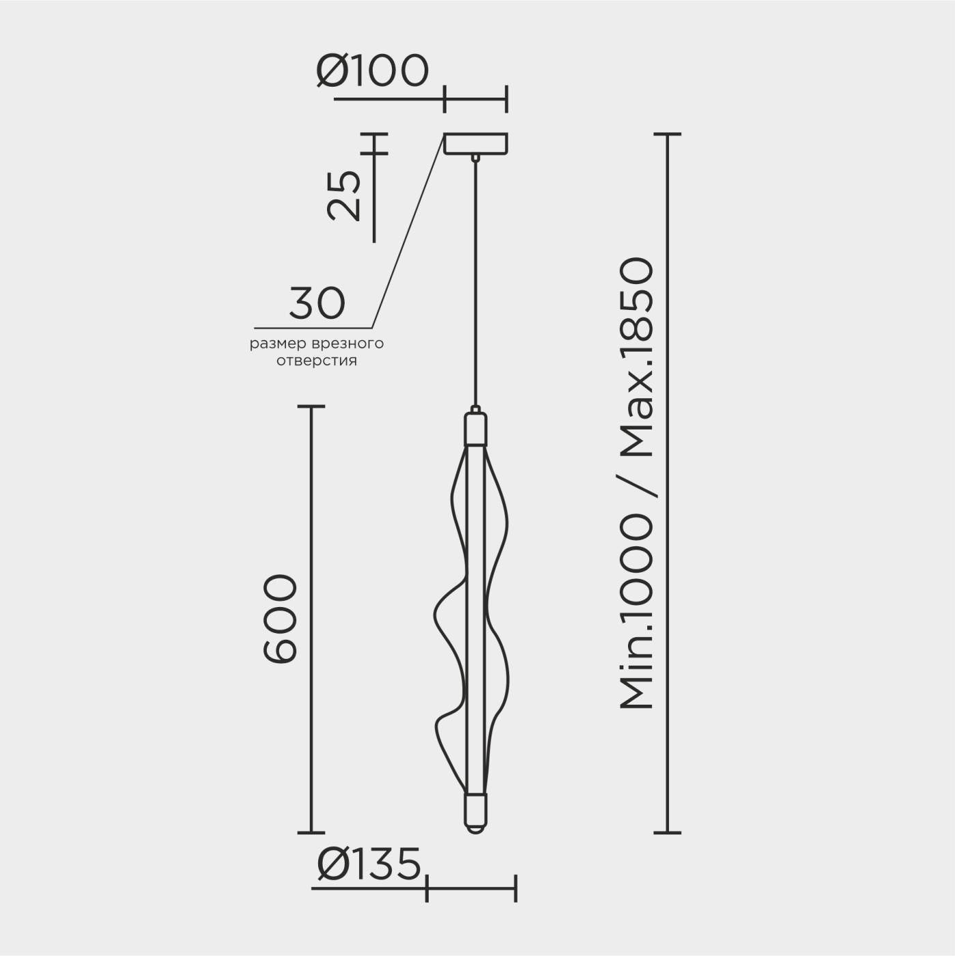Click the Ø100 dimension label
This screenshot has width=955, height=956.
click(x=372, y=70)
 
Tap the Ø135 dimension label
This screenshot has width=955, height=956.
click(x=369, y=862)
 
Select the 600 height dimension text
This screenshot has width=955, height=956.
click(x=281, y=619)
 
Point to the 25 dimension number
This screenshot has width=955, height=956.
click(x=344, y=195)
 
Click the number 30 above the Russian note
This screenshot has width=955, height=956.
click(x=317, y=303)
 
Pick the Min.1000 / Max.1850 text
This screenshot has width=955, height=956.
click(x=638, y=483)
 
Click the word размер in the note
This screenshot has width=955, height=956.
click(x=279, y=344)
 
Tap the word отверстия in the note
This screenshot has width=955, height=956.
click(x=317, y=361)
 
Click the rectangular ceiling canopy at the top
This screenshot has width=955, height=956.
click(x=475, y=144)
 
